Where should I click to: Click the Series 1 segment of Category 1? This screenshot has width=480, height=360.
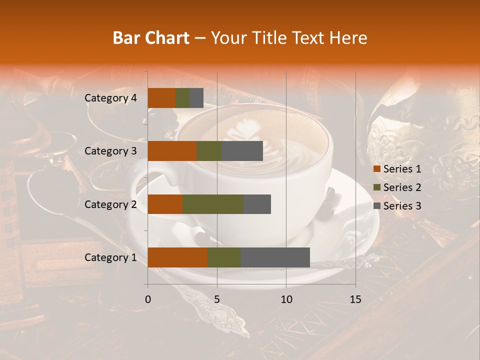[x=177, y=257]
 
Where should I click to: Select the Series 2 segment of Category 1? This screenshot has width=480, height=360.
[x=224, y=257]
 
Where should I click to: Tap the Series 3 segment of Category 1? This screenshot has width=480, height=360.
[x=275, y=257]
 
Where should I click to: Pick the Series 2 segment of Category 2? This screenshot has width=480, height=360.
[x=213, y=204]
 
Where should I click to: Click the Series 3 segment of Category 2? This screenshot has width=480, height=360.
[x=257, y=204]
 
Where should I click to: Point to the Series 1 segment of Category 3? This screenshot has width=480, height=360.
[x=172, y=151]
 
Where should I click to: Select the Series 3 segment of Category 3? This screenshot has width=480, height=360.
[x=242, y=151]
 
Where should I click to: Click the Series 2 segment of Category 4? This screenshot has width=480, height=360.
[x=182, y=98]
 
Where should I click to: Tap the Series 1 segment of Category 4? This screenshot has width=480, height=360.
[x=161, y=98]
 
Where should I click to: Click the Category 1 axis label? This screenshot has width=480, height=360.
[x=110, y=257]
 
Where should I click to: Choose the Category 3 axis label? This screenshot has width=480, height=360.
[x=110, y=151]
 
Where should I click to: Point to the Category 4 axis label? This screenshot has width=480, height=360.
[x=110, y=98]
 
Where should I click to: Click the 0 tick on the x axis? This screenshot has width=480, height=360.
[x=148, y=299]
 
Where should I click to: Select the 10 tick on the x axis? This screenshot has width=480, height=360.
[x=286, y=299]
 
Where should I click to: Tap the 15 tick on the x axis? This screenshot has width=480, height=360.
[x=355, y=299]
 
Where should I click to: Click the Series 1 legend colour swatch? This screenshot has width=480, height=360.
[x=377, y=169]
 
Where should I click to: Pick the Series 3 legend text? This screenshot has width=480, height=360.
[x=402, y=206]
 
